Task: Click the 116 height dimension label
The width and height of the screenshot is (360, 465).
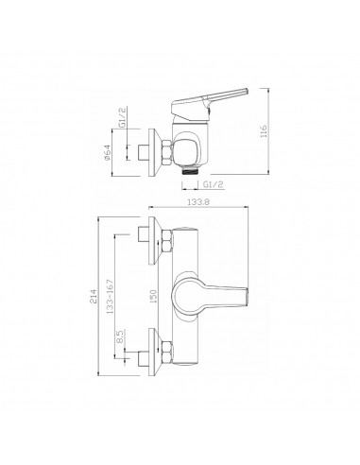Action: click(264, 131)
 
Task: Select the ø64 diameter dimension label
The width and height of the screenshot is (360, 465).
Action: click(107, 152)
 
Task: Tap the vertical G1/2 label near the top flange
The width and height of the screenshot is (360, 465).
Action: click(122, 116)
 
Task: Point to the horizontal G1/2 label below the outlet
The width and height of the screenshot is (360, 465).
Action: click(213, 184)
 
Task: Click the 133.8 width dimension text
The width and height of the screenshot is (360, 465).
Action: click(198, 202)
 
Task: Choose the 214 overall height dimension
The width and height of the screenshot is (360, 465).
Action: click(94, 296)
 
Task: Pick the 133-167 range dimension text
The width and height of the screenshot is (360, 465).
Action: click(110, 296)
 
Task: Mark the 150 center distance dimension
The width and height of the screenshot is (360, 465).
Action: click(154, 296)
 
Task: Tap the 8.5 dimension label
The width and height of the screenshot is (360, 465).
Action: click(120, 336)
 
